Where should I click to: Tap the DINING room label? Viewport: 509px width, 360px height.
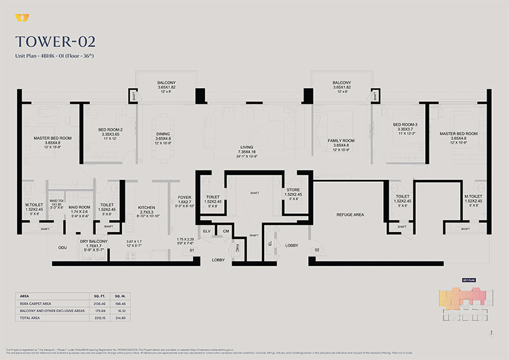pos(163,134)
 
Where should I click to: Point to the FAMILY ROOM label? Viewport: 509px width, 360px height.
pos(342,139)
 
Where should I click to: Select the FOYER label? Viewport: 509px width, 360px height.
pos(185,197)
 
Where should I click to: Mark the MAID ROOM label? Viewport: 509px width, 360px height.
pos(80,207)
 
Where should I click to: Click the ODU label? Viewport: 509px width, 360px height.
pos(62,247)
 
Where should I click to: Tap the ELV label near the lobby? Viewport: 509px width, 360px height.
pos(206,231)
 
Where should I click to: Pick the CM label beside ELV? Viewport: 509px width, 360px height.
pos(225,231)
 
